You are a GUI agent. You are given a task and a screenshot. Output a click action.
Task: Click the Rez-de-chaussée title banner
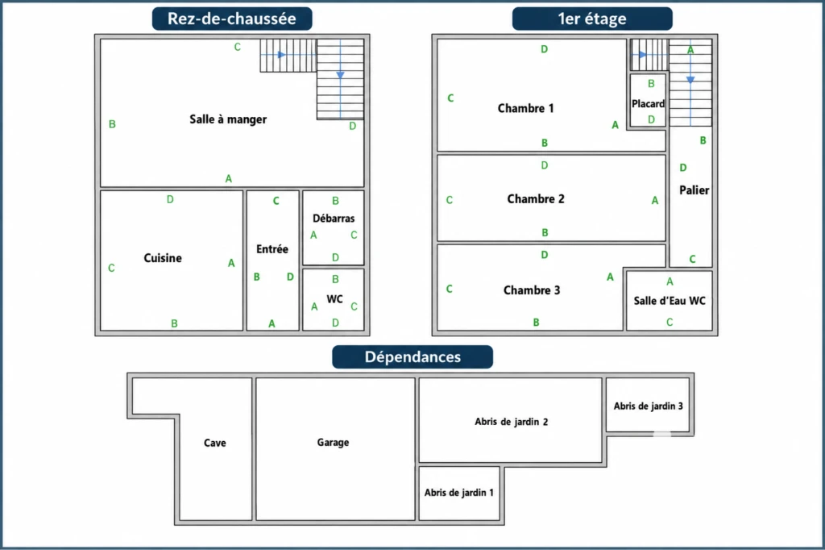coord(232,19)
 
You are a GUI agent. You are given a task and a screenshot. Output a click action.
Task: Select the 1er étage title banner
coord(592,19)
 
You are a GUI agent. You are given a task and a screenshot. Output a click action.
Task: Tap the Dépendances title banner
coord(412,356)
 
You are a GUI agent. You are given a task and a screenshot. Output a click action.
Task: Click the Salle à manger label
coord(228,119)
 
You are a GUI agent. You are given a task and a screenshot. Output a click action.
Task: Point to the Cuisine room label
coord(163,258)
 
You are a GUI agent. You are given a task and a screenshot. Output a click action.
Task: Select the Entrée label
coord(272,249)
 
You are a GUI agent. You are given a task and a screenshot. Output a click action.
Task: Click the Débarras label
coord(334,218)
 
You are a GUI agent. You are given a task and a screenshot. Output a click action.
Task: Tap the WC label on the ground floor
coord(334,299)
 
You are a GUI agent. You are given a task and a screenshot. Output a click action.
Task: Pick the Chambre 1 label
coord(525,109)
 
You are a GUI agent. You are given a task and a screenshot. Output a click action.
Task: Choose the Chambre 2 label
coord(536,199)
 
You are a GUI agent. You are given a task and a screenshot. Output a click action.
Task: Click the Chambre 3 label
coord(532,290)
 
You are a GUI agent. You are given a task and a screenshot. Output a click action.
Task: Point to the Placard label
coord(648,104)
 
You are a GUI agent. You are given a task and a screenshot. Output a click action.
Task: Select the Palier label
coord(694,190)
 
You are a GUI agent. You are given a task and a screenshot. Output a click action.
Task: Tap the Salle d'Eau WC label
coord(670,301)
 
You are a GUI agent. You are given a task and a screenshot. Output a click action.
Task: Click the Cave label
coord(214,443)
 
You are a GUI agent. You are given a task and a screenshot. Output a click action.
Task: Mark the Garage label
coord(333,443)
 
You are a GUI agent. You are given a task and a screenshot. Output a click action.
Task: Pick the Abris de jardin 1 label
coord(458,493)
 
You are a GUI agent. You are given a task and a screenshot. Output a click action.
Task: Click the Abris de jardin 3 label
coord(649,406)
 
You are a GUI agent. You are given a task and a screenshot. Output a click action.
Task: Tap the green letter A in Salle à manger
coord(228,178)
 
